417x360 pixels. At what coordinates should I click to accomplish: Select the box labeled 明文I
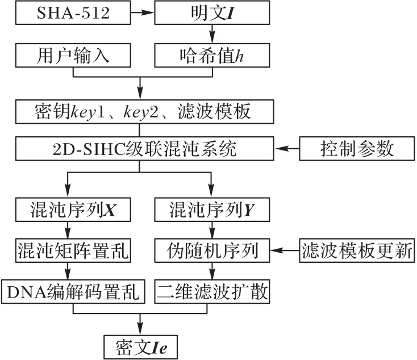(x=212, y=12)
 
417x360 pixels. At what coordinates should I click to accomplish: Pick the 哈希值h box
(x=212, y=56)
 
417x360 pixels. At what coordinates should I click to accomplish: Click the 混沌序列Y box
(x=212, y=211)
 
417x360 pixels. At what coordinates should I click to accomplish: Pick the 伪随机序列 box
(x=212, y=250)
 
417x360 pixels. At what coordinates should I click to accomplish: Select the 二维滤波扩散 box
(x=212, y=291)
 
